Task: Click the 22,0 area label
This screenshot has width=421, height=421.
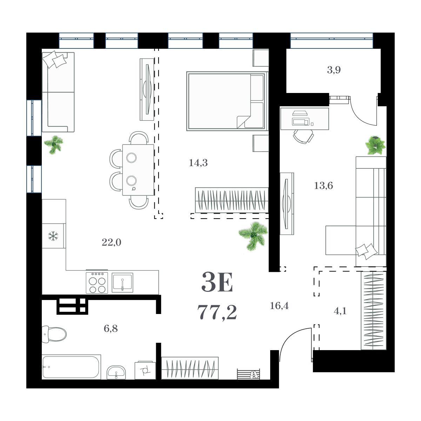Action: coord(112,242)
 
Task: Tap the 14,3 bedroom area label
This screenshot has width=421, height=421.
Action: coord(198,163)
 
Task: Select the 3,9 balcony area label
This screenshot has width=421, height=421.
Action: coord(334,70)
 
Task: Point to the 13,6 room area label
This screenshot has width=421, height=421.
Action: coord(323,186)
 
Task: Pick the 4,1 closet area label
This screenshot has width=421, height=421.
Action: coord(340,311)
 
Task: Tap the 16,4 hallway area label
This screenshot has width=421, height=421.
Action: coord(279,306)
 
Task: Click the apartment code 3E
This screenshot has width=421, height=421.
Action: coord(217,282)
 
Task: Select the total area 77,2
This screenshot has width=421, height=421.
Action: coord(217,313)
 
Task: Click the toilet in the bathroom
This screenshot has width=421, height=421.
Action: coord(54,334)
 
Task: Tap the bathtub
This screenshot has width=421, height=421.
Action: coord(71,367)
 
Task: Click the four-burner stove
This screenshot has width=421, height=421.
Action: coord(97,282)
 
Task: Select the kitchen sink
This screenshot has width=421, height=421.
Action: coord(122,282)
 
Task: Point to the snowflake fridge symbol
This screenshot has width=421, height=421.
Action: coord(53,236)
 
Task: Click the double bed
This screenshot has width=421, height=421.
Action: coord(227,101)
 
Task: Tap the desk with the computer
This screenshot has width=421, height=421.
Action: coord(305,119)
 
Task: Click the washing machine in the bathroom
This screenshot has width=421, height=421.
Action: coord(145,370)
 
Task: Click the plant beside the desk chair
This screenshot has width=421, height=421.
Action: coord(375,145)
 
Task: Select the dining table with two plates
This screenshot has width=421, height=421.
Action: coord(138,170)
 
